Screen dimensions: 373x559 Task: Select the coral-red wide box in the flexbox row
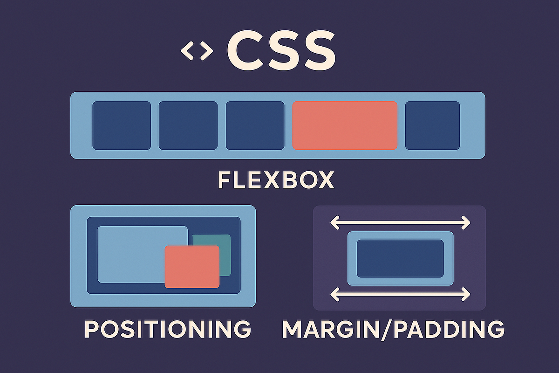[345, 125]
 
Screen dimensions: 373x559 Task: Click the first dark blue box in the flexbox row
[122, 125]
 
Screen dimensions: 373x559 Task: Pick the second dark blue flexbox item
[188, 125]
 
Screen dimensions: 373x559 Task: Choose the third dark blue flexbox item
[255, 125]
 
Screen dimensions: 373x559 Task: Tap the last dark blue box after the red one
[432, 125]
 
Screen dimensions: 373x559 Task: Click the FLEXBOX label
[276, 180]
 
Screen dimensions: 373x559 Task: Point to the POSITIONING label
[168, 329]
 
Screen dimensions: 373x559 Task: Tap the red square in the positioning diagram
[192, 267]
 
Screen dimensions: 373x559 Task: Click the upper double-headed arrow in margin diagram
[400, 223]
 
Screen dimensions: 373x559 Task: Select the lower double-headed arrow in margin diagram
[400, 294]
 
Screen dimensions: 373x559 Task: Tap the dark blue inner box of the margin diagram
[400, 259]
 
